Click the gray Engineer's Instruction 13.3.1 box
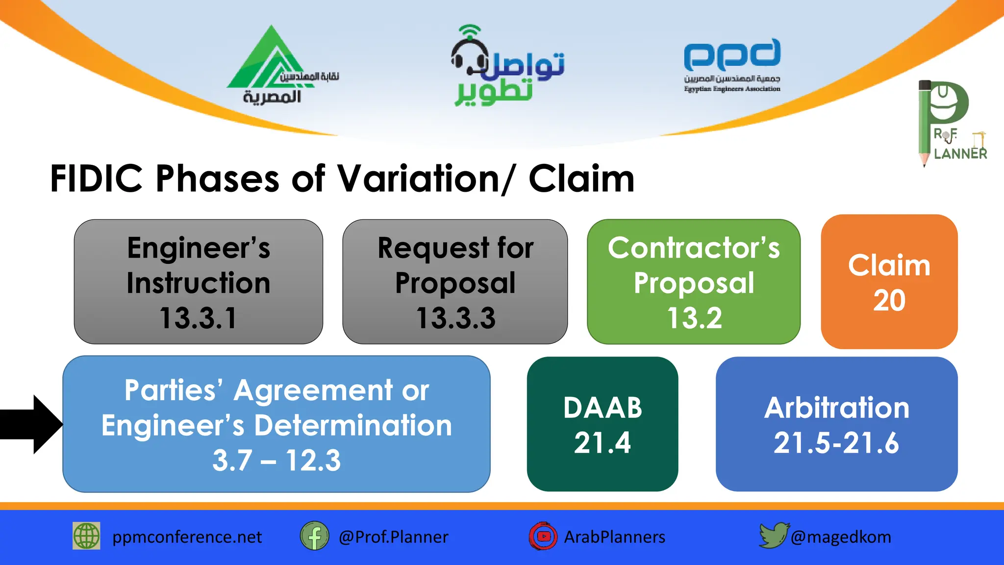198,282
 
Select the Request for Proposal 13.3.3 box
455,282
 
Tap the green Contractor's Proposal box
693,282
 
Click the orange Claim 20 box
889,282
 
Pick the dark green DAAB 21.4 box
602,424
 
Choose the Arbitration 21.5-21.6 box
836,424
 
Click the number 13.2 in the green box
694,318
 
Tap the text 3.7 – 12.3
276,460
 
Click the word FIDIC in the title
97,179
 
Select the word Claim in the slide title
581,179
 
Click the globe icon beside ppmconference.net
86,536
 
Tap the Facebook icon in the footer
314,536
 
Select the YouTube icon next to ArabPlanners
543,536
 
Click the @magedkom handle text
840,537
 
